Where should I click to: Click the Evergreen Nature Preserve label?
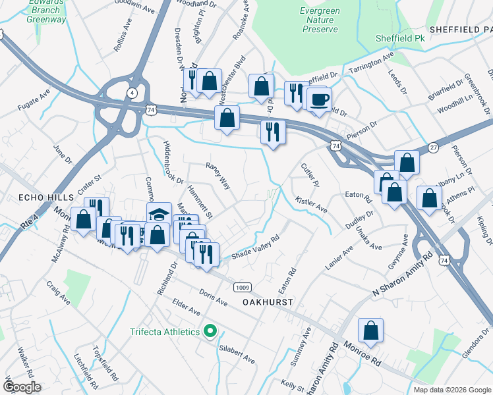pos(319,20)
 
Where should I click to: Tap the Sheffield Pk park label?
pos(400,39)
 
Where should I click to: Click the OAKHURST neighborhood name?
pos(267,301)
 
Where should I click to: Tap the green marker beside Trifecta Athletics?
pos(210,331)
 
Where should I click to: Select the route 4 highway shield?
pos(132,93)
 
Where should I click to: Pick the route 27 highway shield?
pos(432,146)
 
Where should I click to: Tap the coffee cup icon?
pos(320,99)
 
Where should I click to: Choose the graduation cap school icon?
pos(159,214)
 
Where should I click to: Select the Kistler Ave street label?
pos(311,204)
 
